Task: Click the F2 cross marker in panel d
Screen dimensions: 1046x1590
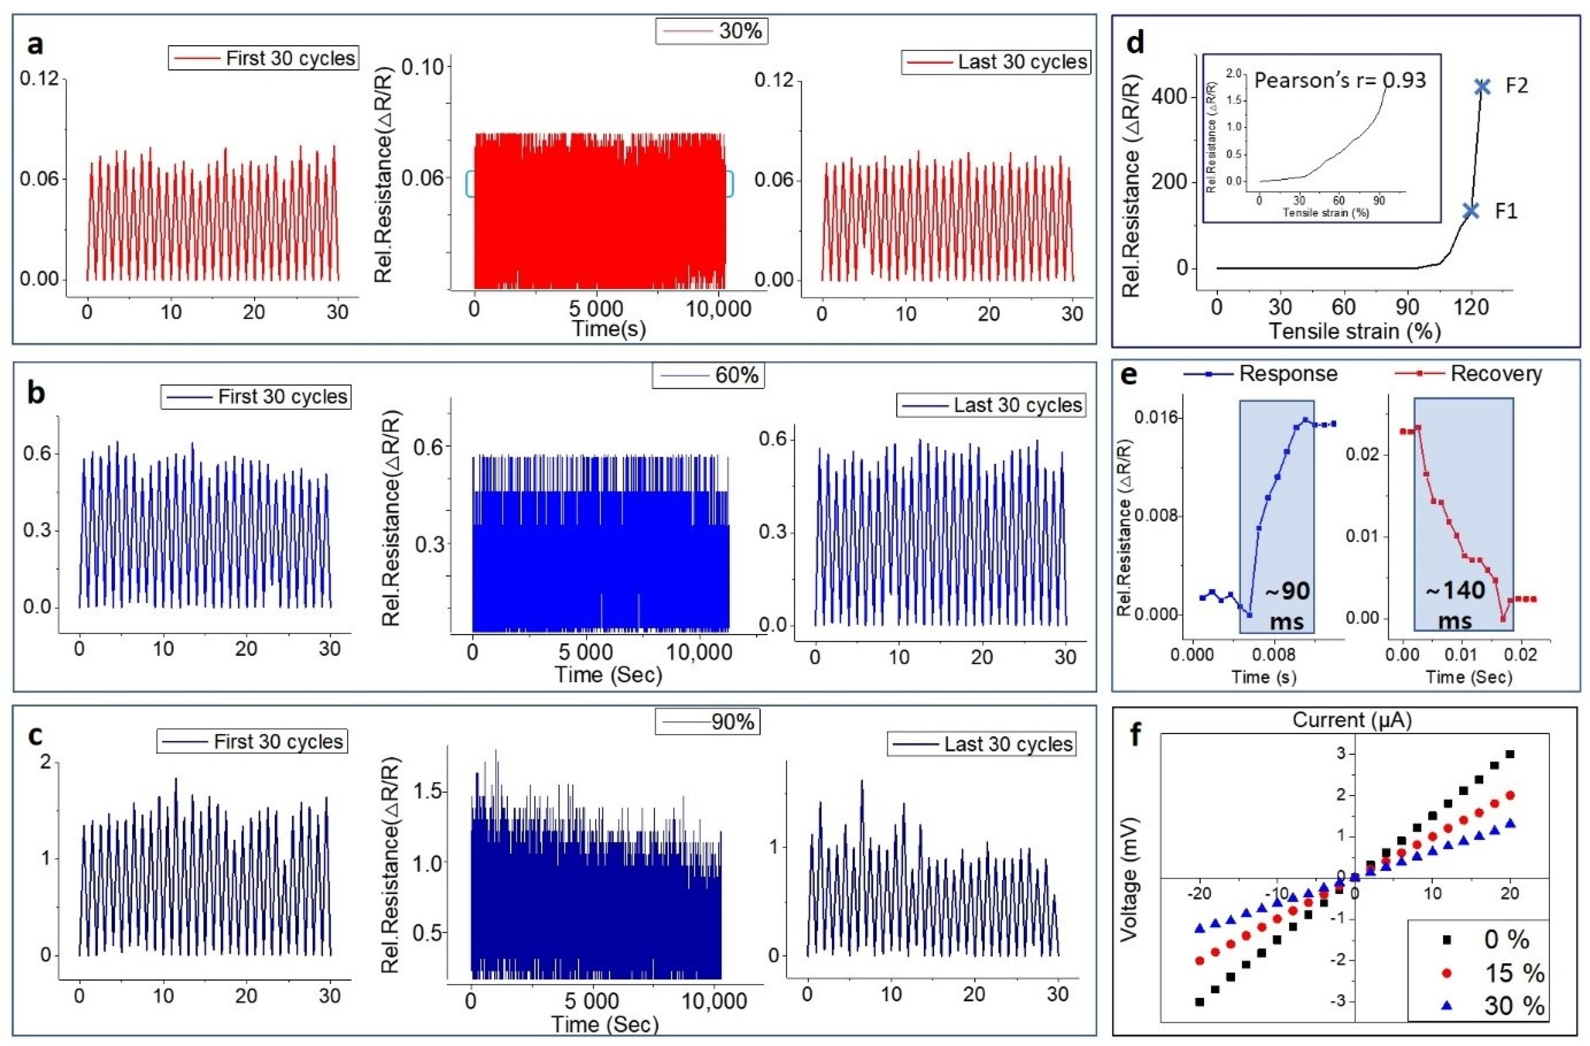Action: [x=1483, y=87]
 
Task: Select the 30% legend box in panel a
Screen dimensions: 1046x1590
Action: [x=711, y=31]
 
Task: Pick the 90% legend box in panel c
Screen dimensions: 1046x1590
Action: [x=707, y=722]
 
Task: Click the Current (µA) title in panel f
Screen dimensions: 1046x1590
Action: [x=1352, y=720]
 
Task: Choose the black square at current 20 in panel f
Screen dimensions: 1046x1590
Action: [x=1509, y=754]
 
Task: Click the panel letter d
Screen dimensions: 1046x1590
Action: [x=1135, y=41]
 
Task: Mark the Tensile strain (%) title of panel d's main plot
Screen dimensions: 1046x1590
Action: [x=1354, y=330]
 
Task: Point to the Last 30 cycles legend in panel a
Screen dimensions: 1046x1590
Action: [x=995, y=62]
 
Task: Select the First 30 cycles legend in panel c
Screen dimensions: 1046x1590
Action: [x=253, y=741]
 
